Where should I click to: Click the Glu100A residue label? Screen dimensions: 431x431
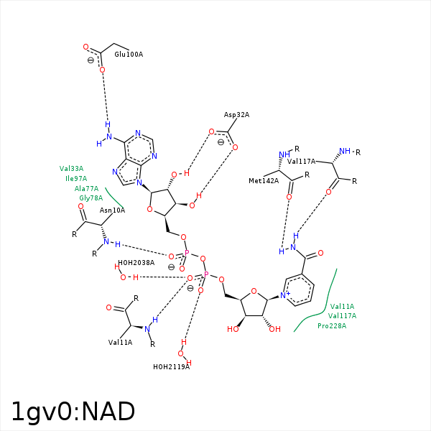[x=129, y=55]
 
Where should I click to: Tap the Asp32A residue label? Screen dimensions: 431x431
[x=236, y=115]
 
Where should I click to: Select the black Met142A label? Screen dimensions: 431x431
[x=264, y=181]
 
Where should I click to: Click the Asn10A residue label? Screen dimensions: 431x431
[x=112, y=210]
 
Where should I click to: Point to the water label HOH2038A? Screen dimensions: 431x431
[x=136, y=263]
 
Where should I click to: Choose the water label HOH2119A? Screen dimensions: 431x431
[x=171, y=367]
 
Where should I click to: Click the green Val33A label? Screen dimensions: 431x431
[x=71, y=169]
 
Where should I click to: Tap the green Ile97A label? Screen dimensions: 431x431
[x=76, y=179]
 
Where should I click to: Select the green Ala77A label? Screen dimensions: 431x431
[x=86, y=189]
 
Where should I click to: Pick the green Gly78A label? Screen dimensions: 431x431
[x=91, y=198]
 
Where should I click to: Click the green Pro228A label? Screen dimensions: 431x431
[x=332, y=325]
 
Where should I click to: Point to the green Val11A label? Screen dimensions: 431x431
[x=342, y=307]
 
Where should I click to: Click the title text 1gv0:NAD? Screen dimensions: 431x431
[x=73, y=412]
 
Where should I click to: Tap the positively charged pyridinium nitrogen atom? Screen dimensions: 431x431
[x=283, y=295]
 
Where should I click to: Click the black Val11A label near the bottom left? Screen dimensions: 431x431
[x=121, y=343]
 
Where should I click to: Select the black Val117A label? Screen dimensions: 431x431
[x=302, y=162]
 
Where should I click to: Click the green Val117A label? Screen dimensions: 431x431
[x=342, y=316]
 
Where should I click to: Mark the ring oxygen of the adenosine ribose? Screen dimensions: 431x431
[x=149, y=210]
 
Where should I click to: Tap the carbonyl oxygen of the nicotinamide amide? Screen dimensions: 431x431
[x=320, y=254]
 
